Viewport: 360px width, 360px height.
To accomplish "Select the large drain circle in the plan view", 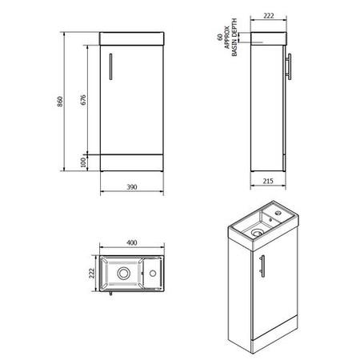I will (124, 273).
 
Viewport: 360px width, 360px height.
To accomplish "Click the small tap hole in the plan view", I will (151, 273).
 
